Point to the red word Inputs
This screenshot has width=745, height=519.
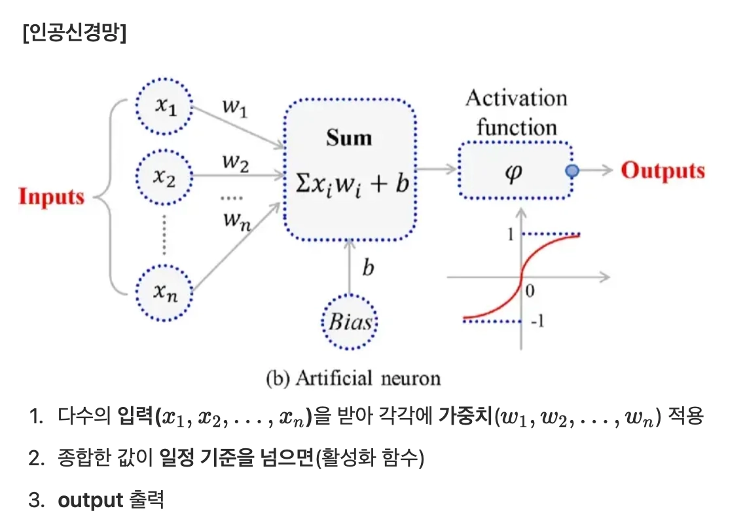[x=52, y=197]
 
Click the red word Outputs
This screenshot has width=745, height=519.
[x=663, y=170]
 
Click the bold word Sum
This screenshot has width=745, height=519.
[x=349, y=138]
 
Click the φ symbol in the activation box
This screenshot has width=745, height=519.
[x=515, y=172]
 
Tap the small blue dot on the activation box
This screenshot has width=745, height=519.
[x=572, y=170]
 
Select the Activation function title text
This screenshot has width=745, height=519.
[x=516, y=112]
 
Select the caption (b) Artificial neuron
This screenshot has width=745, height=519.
[x=354, y=378]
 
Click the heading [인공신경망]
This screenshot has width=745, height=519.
[x=73, y=33]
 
